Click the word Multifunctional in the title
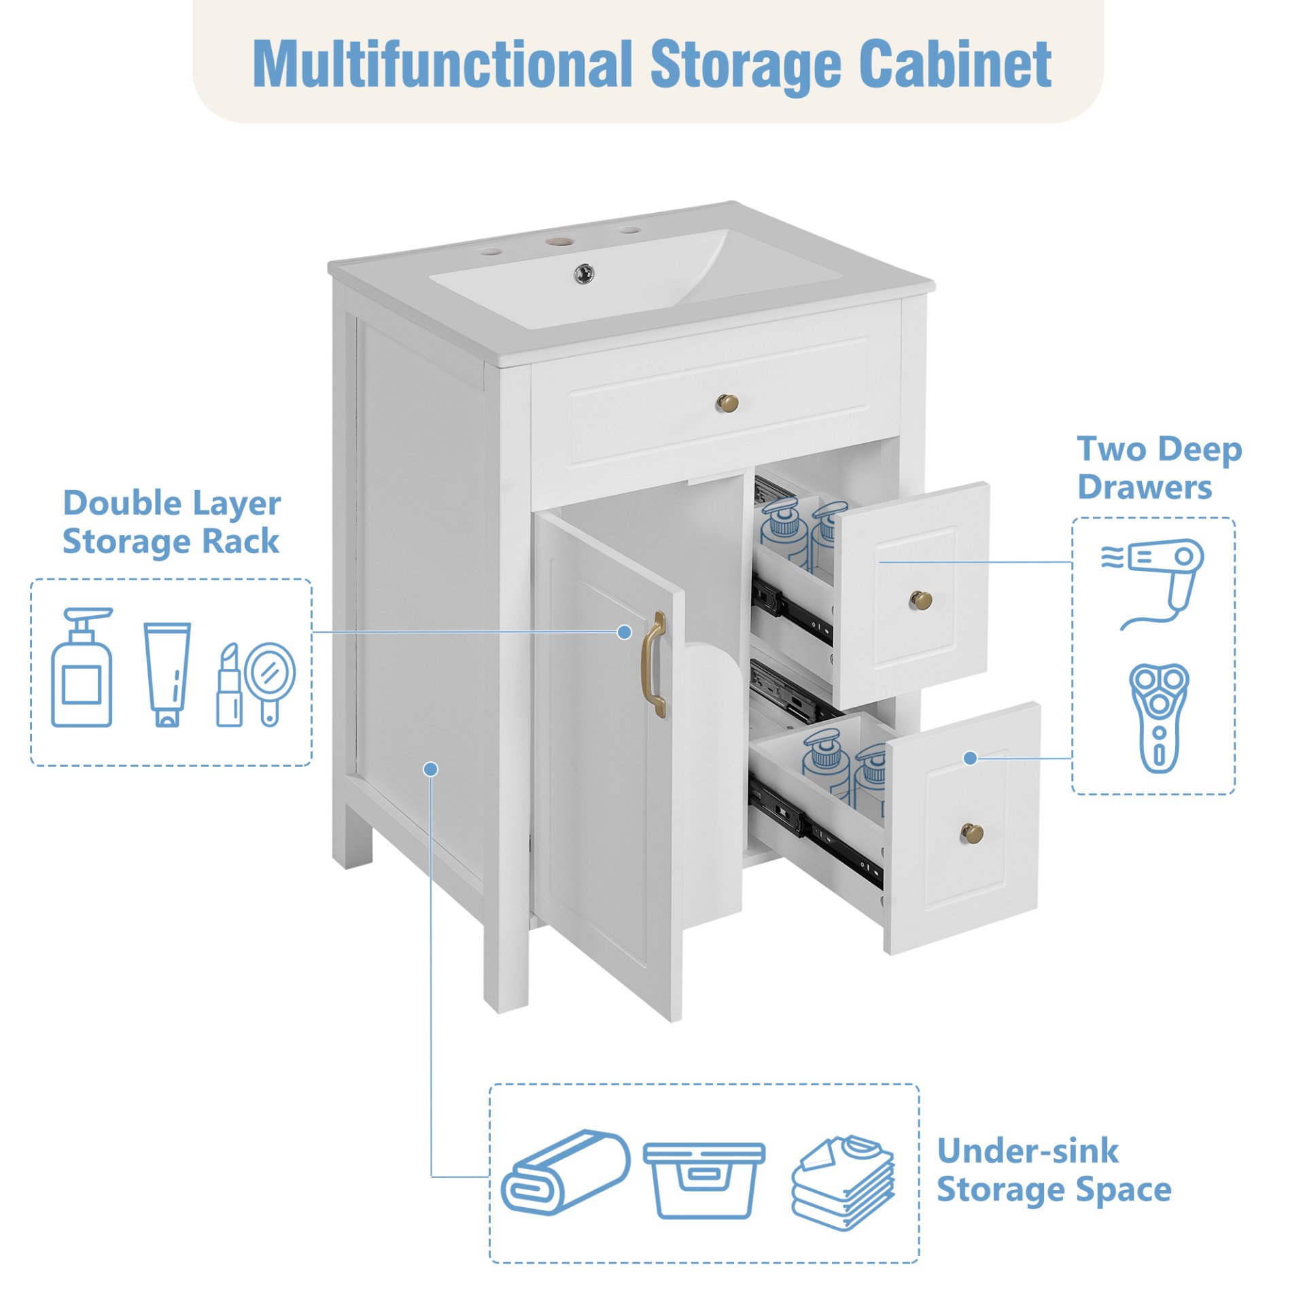[x=442, y=65]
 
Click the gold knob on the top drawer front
[x=727, y=404]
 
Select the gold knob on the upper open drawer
[x=921, y=599]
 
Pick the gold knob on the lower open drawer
[x=971, y=832]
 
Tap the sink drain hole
[x=584, y=273]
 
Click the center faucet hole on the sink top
[x=559, y=241]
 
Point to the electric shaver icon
[x=1159, y=717]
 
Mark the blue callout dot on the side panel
[x=430, y=769]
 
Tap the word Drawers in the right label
[x=1145, y=487]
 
